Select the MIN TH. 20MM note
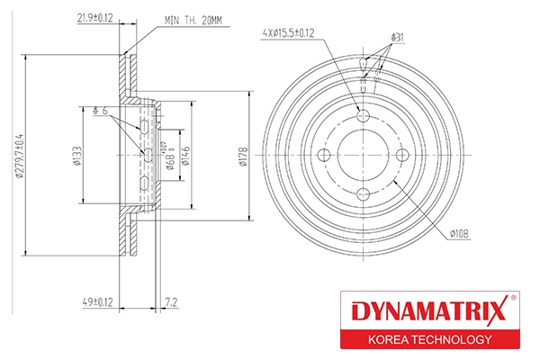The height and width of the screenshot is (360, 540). tap(193, 19)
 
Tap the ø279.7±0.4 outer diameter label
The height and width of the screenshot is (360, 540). tap(19, 155)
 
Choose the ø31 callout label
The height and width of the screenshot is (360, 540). tap(397, 37)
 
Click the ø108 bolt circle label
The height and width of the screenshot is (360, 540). tap(460, 234)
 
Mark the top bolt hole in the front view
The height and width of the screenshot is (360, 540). tap(364, 116)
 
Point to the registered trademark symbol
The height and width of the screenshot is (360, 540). tap(513, 299)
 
